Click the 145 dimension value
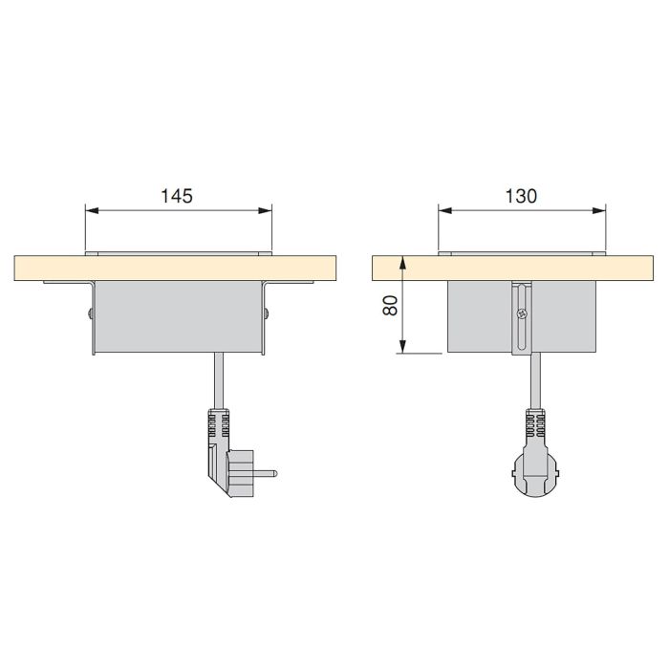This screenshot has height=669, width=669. [x=178, y=196]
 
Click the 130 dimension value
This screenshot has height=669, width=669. [x=521, y=196]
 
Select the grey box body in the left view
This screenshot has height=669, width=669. [x=178, y=320]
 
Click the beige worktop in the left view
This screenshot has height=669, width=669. [x=48, y=269]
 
